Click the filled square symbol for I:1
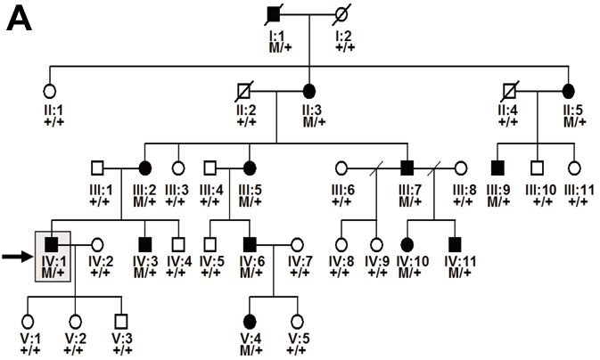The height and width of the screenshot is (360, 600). click(274, 15)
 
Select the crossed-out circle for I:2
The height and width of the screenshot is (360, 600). click(341, 16)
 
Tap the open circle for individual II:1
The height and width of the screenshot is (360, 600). click(49, 92)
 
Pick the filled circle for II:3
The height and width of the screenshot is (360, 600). click(309, 92)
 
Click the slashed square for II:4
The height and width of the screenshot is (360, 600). click(511, 92)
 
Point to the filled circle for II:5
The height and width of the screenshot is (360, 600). click(569, 92)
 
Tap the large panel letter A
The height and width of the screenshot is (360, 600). click(19, 19)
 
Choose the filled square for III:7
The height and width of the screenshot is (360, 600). click(407, 168)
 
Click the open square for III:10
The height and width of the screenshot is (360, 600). click(538, 168)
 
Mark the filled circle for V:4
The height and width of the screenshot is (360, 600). click(250, 321)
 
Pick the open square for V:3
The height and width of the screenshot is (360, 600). click(121, 321)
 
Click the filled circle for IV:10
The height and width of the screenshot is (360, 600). click(407, 244)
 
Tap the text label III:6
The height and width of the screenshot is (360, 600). click(343, 190)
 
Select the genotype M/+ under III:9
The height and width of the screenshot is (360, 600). click(498, 200)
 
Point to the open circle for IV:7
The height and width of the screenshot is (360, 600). click(297, 244)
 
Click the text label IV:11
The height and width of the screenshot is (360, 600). click(460, 261)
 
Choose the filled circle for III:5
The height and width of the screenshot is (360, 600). click(250, 168)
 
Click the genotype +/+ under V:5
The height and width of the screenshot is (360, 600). click(297, 349)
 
